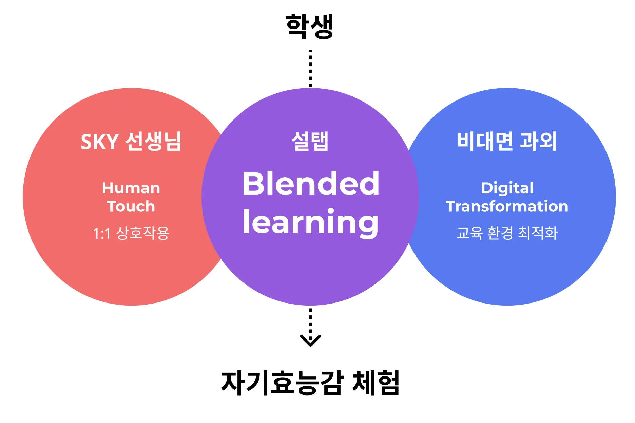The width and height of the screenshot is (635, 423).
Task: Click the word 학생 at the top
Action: pyautogui.click(x=309, y=26)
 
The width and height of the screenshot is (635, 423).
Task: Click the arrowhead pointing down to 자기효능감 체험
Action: pyautogui.click(x=310, y=340)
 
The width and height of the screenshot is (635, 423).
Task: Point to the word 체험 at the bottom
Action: pyautogui.click(x=376, y=383)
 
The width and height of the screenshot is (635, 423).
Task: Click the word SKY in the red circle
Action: pyautogui.click(x=99, y=142)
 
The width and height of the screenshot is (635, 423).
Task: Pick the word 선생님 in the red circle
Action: pyautogui.click(x=153, y=141)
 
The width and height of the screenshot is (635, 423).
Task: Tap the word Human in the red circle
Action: pyautogui.click(x=131, y=188)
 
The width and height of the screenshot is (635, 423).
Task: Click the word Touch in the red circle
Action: pyautogui.click(x=131, y=206)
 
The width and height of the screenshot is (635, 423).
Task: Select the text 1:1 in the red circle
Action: pyautogui.click(x=102, y=234)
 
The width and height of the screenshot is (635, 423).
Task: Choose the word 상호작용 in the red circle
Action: pyautogui.click(x=142, y=233)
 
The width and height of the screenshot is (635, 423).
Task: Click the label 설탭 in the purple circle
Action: pyautogui.click(x=310, y=141)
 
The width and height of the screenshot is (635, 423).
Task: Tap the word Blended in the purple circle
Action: pyautogui.click(x=311, y=184)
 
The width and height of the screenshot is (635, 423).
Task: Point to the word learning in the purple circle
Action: pyautogui.click(x=311, y=222)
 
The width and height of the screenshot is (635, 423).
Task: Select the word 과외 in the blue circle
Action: pyautogui.click(x=539, y=141)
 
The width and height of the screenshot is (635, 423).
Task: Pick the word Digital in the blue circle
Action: pyautogui.click(x=507, y=188)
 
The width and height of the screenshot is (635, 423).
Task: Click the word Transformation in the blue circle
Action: pyautogui.click(x=507, y=206)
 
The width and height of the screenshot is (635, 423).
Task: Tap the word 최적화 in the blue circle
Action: pyautogui.click(x=538, y=233)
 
